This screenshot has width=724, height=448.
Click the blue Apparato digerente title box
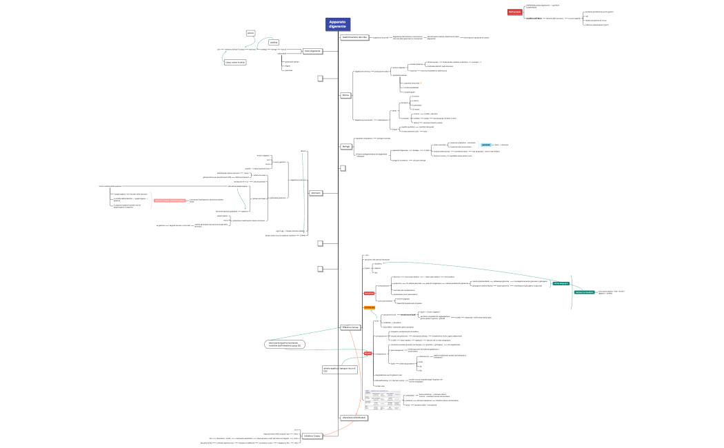point(338,24)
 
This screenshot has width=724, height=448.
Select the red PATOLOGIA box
point(514,12)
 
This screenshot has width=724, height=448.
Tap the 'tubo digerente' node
point(312,50)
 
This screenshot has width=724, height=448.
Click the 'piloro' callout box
point(251,32)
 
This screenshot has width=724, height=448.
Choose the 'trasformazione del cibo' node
point(354,37)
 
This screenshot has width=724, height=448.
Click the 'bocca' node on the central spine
point(345,94)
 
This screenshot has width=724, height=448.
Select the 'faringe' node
point(346,146)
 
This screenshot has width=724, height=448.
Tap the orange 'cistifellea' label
point(369,307)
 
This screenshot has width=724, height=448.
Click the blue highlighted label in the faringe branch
point(486,145)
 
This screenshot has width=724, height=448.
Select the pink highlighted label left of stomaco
point(170,201)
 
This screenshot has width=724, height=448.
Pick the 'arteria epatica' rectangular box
point(336,371)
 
